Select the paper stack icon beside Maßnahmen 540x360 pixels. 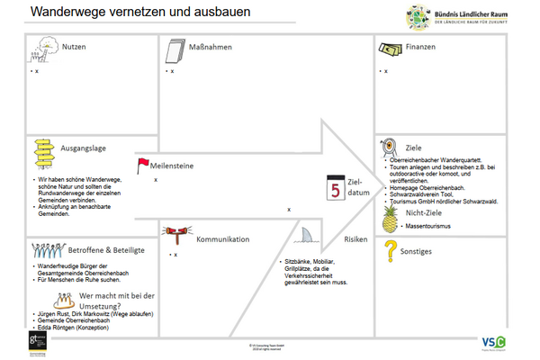point(175,48)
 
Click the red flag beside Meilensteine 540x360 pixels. point(142,163)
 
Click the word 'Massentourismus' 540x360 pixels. point(426,227)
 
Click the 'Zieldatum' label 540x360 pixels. point(359,186)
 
